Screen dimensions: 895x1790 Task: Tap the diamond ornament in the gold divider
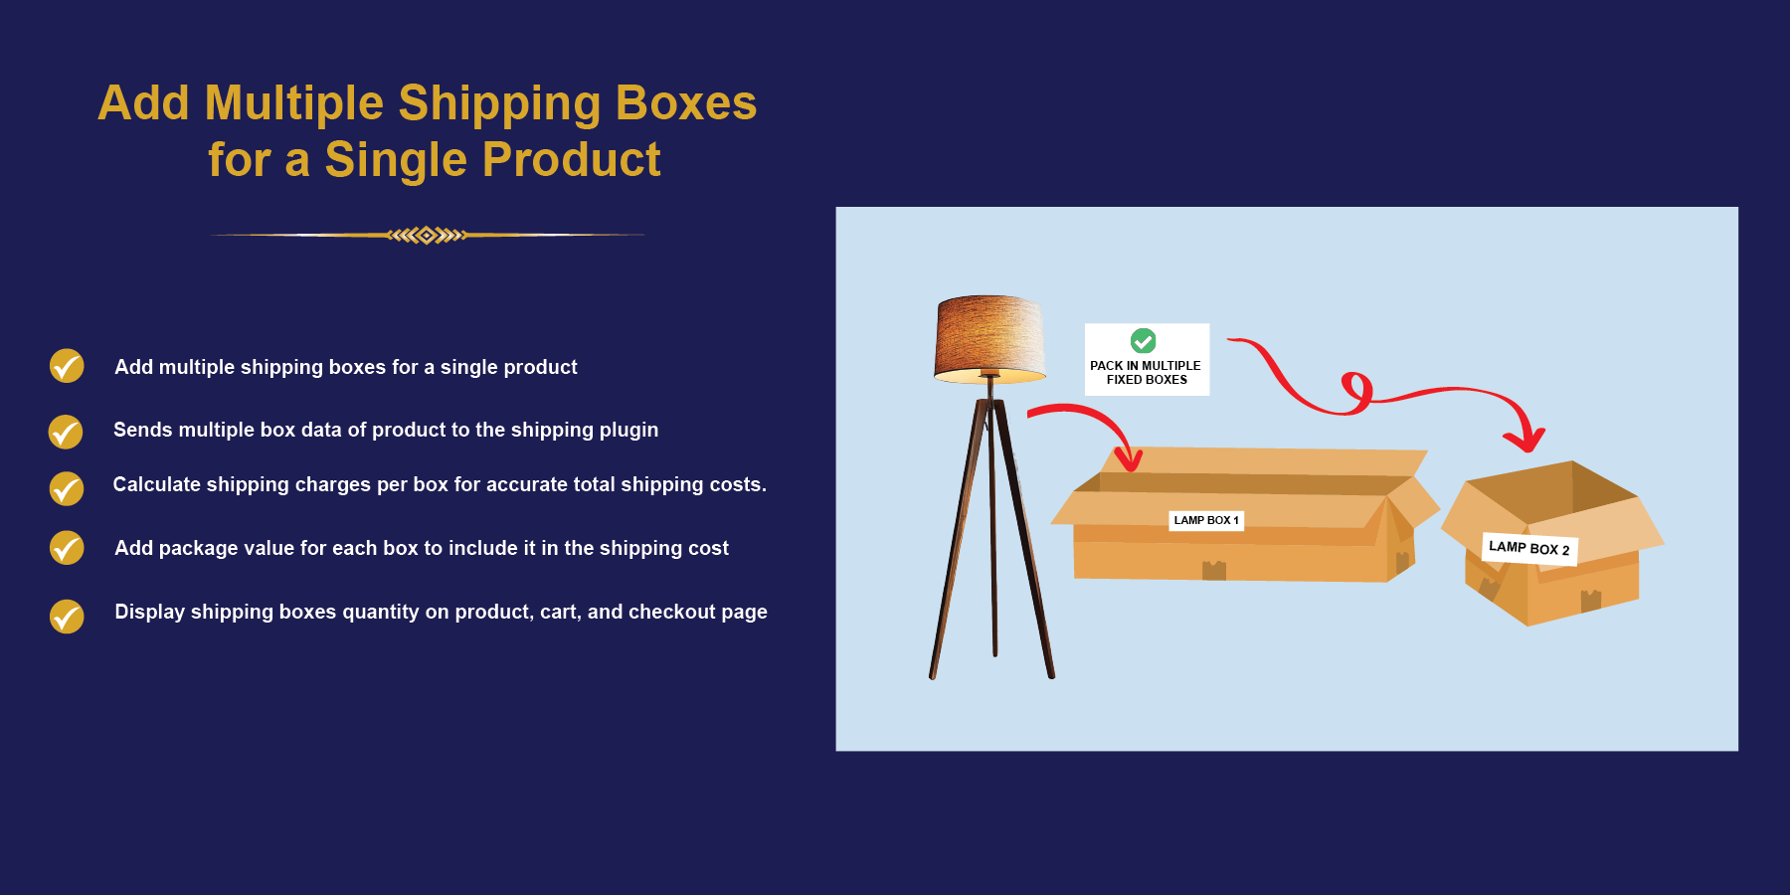427,236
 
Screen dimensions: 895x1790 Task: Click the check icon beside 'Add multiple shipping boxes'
67,366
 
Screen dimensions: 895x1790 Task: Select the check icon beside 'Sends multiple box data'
66,432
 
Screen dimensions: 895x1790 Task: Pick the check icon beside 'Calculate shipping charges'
67,488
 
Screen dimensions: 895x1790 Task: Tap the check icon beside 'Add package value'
67,548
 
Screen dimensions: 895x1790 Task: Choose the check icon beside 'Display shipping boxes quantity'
67,617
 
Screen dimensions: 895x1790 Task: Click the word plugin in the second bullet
626,430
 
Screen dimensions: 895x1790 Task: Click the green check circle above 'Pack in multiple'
1144,341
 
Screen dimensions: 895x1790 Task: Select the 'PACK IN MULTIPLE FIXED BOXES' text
1147,373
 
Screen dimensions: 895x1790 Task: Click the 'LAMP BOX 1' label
1205,520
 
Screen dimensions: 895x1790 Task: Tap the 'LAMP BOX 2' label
1529,548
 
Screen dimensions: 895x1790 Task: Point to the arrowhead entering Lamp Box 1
1128,458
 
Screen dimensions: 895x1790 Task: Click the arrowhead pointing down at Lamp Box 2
1523,439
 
